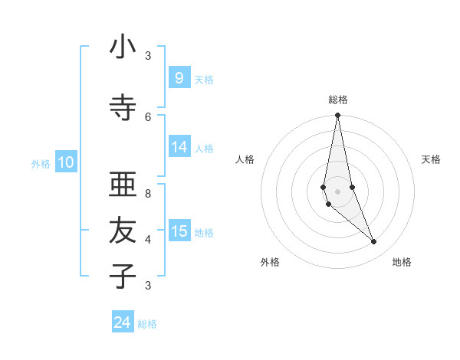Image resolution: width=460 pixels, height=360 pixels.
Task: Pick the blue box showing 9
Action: pos(179,77)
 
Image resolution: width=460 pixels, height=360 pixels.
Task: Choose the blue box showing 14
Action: pos(179,147)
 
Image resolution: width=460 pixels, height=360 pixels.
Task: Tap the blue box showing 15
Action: pos(179,231)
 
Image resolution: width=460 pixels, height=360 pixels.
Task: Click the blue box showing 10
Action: pos(66,162)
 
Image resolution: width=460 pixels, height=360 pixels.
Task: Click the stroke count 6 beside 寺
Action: pos(148,116)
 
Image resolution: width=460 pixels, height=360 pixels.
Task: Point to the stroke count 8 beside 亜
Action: pos(148,194)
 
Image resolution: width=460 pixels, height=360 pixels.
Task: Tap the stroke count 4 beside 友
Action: pos(148,239)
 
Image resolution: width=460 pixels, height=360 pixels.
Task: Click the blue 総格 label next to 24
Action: pos(147,324)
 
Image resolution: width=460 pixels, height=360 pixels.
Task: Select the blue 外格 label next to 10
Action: pos(41,163)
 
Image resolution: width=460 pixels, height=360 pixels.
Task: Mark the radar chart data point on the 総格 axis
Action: pos(337,116)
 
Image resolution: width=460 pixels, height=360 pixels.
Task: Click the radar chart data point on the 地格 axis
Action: pos(373,242)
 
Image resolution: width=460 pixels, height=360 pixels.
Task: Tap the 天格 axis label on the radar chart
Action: pos(431,159)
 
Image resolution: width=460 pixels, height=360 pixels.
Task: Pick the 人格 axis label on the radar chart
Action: pos(245,159)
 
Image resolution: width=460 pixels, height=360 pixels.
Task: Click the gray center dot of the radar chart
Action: pos(337,191)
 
